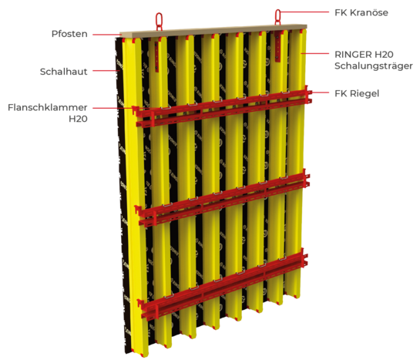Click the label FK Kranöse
pos(361,12)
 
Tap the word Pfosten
pos(69,34)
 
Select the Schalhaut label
pos(63,72)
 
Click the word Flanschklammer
pos(48,108)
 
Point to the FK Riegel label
pos(357,93)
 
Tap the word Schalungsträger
pos(374,66)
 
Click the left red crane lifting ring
pos(159,22)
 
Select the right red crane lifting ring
pos(277,17)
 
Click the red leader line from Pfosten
pos(106,35)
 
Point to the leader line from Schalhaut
pos(106,71)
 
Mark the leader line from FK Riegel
pos(319,93)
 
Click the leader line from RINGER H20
pos(314,53)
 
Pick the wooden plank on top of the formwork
pos(213,31)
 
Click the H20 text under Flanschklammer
pos(78,119)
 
